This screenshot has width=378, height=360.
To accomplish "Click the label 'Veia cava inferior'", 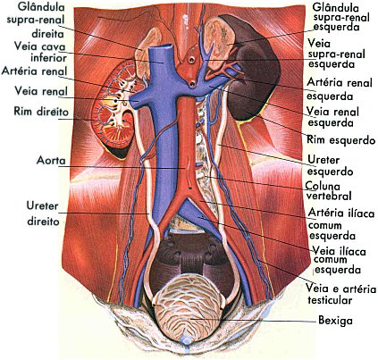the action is click(x=40, y=52).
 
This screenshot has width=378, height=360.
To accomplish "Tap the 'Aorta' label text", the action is click(x=51, y=161).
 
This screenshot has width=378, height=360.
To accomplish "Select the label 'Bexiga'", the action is click(x=335, y=320).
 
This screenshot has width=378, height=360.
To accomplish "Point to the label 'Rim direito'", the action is click(x=41, y=112).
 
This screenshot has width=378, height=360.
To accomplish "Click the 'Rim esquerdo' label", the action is click(x=341, y=139).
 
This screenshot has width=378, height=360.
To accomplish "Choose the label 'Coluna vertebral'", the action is click(x=328, y=191).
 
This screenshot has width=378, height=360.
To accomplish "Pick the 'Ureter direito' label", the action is click(x=43, y=213).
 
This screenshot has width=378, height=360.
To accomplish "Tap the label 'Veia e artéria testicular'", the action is click(x=341, y=294).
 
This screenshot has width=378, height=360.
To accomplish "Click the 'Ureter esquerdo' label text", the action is click(x=330, y=165).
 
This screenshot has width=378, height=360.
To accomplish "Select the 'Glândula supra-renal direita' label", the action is click(x=36, y=20).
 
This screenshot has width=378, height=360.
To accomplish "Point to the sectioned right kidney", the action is click(x=113, y=109).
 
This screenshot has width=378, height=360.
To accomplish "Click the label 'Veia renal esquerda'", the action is click(x=333, y=117).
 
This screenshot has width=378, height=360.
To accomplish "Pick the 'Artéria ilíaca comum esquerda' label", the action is click(x=340, y=224).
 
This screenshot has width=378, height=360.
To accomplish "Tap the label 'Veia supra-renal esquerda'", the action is click(x=336, y=54).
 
